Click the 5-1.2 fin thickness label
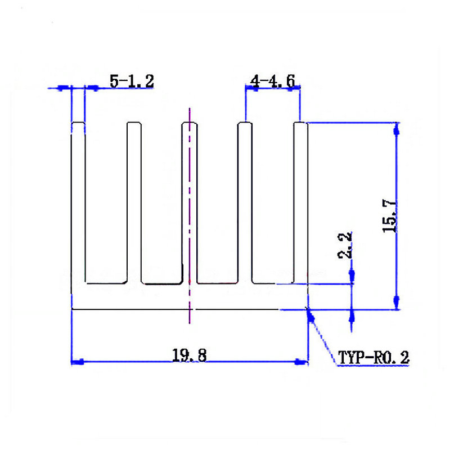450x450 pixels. pos(132,81)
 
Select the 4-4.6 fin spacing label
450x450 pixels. pos(272,81)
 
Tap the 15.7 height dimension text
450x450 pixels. pos(389,216)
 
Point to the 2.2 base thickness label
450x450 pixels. pos(345,245)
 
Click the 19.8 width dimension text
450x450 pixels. pos(189,355)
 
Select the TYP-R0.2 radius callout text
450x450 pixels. pos(373,358)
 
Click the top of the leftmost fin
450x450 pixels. pos(78,123)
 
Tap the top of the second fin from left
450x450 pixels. pos(134,123)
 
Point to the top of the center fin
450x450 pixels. pos(190,123)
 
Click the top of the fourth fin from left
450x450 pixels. pos(245,123)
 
